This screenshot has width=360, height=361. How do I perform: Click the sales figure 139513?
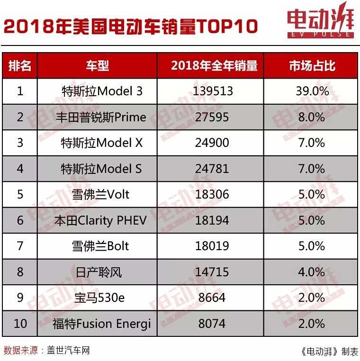tap(213, 91)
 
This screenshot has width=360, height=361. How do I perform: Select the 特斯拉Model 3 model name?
tap(102, 91)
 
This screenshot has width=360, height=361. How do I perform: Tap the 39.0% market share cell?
tap(312, 91)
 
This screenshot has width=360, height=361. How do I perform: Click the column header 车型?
tap(97, 65)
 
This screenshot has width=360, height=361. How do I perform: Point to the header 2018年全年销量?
tap(214, 65)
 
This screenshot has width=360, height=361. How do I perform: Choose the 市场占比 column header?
tap(312, 65)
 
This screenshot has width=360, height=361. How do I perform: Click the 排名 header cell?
tap(20, 65)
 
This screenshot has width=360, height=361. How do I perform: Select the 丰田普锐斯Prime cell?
tap(102, 117)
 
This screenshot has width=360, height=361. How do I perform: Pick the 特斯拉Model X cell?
tap(102, 143)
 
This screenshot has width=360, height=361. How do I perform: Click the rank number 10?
tap(20, 324)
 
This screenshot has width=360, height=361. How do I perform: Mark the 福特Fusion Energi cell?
tap(102, 324)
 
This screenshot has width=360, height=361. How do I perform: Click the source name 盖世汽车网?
tap(68, 351)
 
